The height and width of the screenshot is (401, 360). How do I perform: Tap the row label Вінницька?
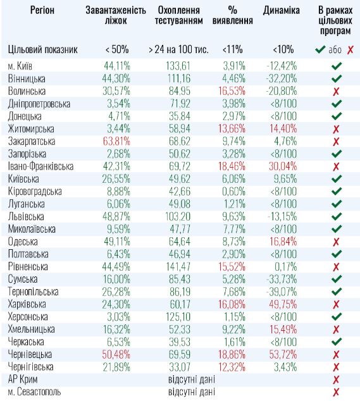click(x=26, y=78)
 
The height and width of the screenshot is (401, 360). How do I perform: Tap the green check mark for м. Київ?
click(x=335, y=66)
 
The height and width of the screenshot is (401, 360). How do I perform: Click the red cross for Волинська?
click(x=335, y=91)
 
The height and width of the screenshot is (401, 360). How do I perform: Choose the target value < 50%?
click(x=115, y=49)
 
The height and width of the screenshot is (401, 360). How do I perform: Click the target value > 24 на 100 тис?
click(x=179, y=49)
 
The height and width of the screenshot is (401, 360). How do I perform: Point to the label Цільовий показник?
click(x=43, y=49)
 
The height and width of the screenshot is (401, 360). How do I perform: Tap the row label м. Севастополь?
click(x=35, y=392)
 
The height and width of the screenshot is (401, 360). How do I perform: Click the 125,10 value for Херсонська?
click(x=180, y=316)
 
